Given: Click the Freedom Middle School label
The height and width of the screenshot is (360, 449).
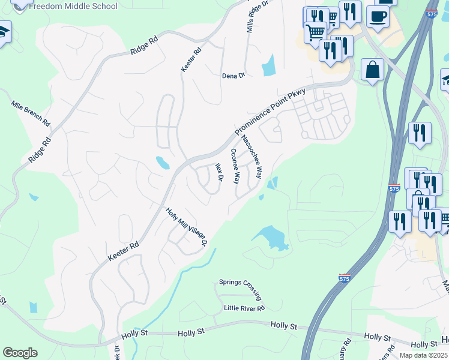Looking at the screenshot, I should (73, 7).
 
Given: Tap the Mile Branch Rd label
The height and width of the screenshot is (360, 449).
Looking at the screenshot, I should (30, 112).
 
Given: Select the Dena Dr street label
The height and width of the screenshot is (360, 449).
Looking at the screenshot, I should (234, 76).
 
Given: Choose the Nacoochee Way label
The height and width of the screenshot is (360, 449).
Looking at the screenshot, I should (252, 157).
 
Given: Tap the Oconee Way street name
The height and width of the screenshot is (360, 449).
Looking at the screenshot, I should (236, 166).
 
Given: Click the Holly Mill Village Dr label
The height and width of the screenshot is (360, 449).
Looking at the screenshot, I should (186, 227).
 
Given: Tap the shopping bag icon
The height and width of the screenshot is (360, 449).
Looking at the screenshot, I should (373, 70).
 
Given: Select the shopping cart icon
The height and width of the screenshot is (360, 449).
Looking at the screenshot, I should (315, 32).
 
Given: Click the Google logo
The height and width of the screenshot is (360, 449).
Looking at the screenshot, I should (20, 353).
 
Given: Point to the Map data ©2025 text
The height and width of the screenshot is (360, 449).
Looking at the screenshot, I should (423, 355).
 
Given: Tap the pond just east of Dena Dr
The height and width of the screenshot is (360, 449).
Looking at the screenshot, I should (268, 65).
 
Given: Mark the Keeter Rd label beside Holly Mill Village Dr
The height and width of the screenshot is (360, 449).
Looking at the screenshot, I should (124, 251).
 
